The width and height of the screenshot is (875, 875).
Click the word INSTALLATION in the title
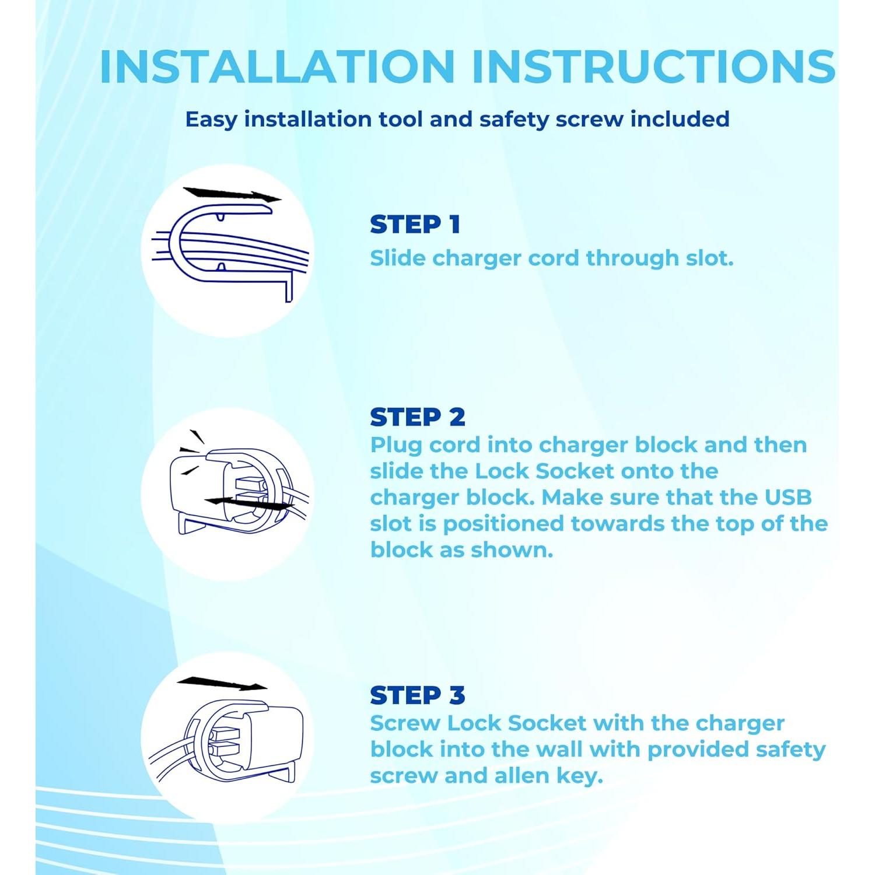coord(277,66)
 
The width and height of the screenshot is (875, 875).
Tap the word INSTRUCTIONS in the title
coord(654,66)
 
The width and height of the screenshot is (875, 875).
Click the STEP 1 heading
coord(415,225)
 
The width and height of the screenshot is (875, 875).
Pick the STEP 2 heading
coord(418,417)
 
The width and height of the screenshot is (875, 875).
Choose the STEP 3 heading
coord(418,695)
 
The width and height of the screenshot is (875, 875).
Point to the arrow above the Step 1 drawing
coord(232,195)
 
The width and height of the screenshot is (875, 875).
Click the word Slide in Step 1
coord(398,258)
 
